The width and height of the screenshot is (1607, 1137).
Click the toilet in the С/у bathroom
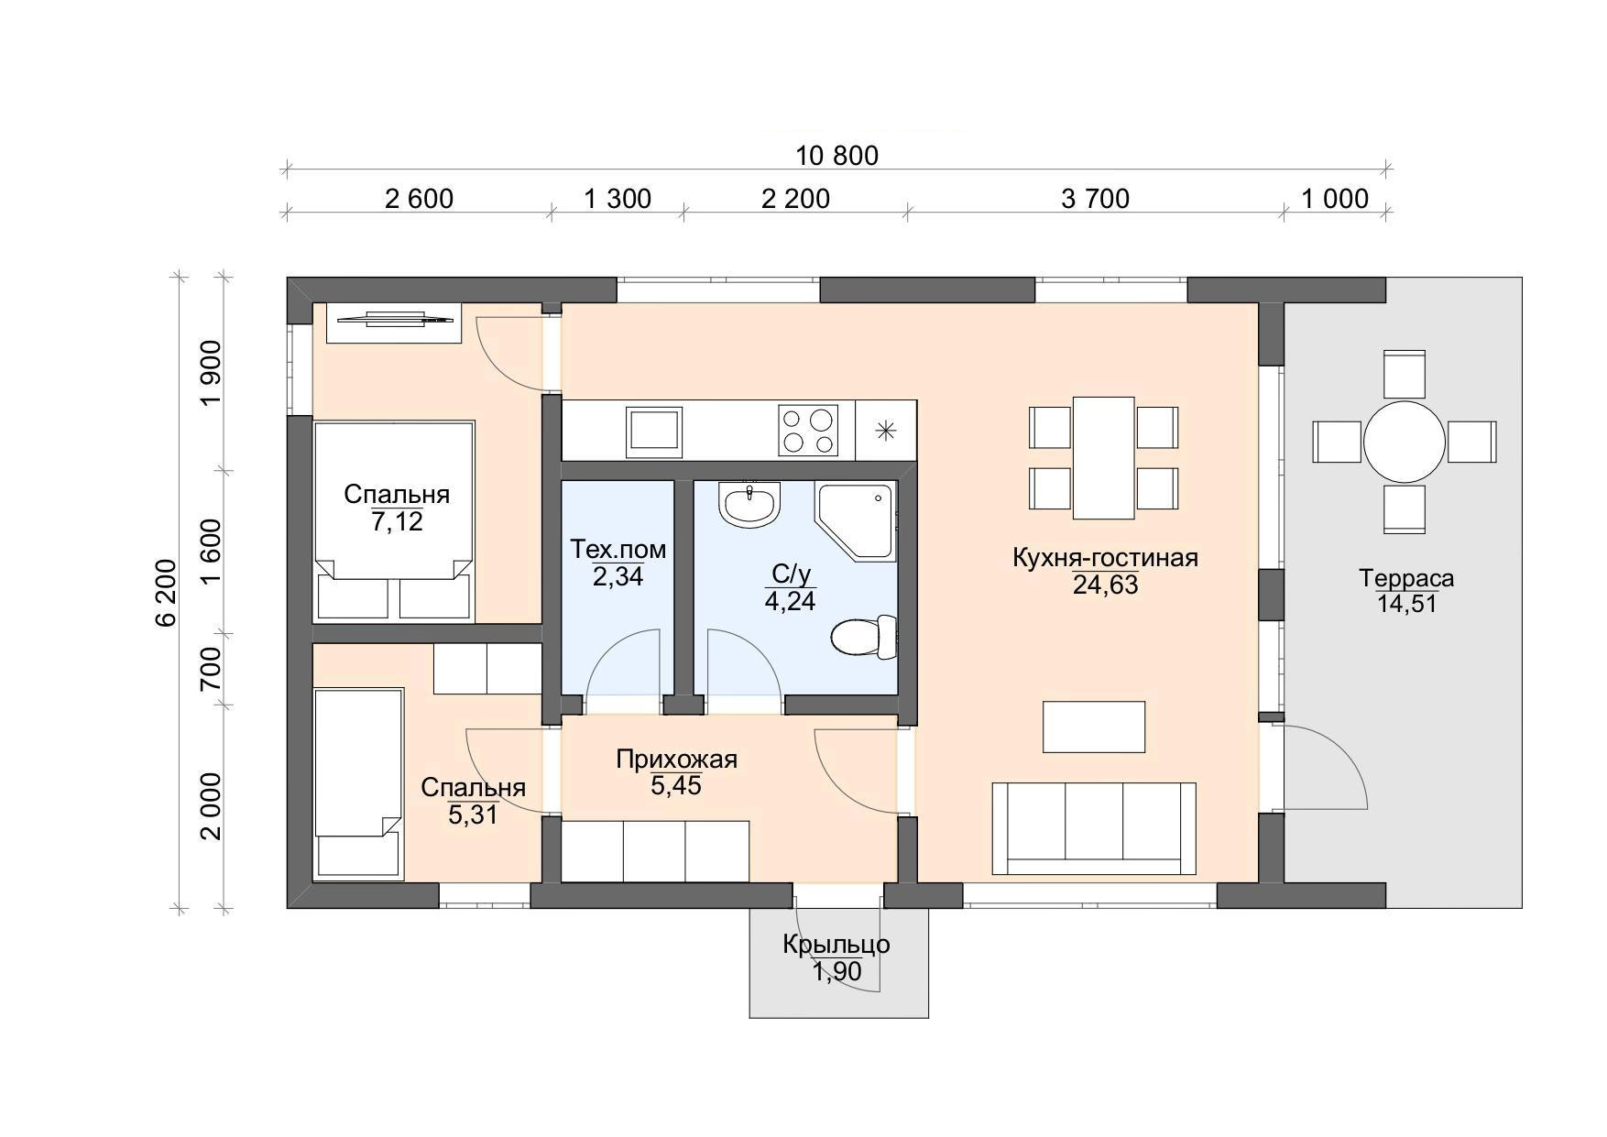(x=864, y=637)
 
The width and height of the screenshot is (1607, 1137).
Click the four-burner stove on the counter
(x=808, y=431)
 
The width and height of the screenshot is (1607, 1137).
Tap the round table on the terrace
(x=1405, y=441)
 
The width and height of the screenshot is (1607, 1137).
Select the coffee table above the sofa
(x=1094, y=727)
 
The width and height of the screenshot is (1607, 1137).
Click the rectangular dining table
(x=1103, y=457)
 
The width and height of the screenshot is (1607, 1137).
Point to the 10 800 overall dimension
(x=836, y=156)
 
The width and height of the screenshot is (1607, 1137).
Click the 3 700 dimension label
(x=1095, y=198)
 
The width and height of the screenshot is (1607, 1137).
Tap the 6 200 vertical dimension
(x=165, y=592)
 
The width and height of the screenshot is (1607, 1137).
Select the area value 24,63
(x=1105, y=585)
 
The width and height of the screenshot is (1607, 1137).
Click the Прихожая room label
(x=676, y=760)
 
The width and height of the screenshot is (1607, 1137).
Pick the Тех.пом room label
(x=618, y=550)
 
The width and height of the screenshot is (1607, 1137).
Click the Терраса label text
(x=1406, y=579)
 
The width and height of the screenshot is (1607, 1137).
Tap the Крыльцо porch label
(x=836, y=944)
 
